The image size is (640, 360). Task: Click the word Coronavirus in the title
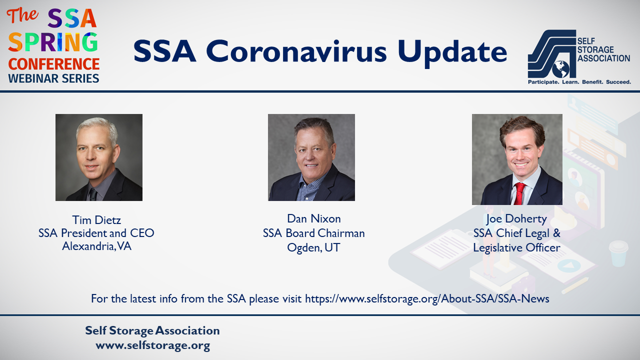tap(296, 51)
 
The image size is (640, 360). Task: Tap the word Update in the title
tap(452, 53)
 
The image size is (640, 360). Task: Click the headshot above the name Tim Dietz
tap(99, 157)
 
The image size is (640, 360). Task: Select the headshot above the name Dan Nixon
tap(311, 157)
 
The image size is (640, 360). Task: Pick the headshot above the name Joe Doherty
tap(517, 159)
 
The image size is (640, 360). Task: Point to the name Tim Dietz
tap(96, 220)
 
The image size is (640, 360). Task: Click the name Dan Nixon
tap(313, 218)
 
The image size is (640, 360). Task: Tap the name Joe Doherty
tap(516, 219)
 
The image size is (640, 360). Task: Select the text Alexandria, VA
tap(96, 246)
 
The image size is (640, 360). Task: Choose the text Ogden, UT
tap(313, 247)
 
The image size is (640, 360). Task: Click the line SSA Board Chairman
tap(313, 233)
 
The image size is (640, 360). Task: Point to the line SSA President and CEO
tap(96, 233)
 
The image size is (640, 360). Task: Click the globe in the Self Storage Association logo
tap(560, 69)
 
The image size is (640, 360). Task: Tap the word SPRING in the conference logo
tap(53, 42)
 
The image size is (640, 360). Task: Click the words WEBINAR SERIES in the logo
tap(53, 78)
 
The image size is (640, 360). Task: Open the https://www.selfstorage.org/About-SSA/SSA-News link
tap(427, 299)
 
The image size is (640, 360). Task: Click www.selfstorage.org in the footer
tap(153, 345)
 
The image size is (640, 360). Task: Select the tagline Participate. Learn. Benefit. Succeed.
tap(579, 82)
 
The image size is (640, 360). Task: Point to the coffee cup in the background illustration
tap(618, 253)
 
